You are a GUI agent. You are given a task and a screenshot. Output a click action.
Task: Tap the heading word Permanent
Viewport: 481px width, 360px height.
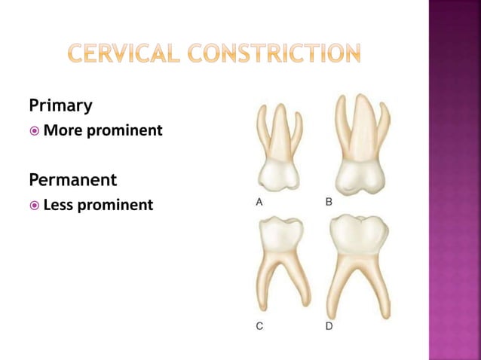coord(72,180)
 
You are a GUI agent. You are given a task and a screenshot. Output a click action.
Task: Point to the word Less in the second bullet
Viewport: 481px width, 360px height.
coord(60,204)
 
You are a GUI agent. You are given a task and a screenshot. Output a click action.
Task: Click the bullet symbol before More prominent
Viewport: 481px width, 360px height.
coord(34,131)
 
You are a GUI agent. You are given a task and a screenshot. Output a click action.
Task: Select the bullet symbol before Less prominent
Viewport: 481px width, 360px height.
coord(34,205)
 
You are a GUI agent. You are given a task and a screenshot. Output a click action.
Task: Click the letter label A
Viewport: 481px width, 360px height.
coord(259,202)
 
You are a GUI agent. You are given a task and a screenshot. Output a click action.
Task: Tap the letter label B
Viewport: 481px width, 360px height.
coord(329,202)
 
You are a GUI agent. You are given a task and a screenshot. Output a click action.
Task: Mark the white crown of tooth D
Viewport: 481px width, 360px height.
coord(360,236)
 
